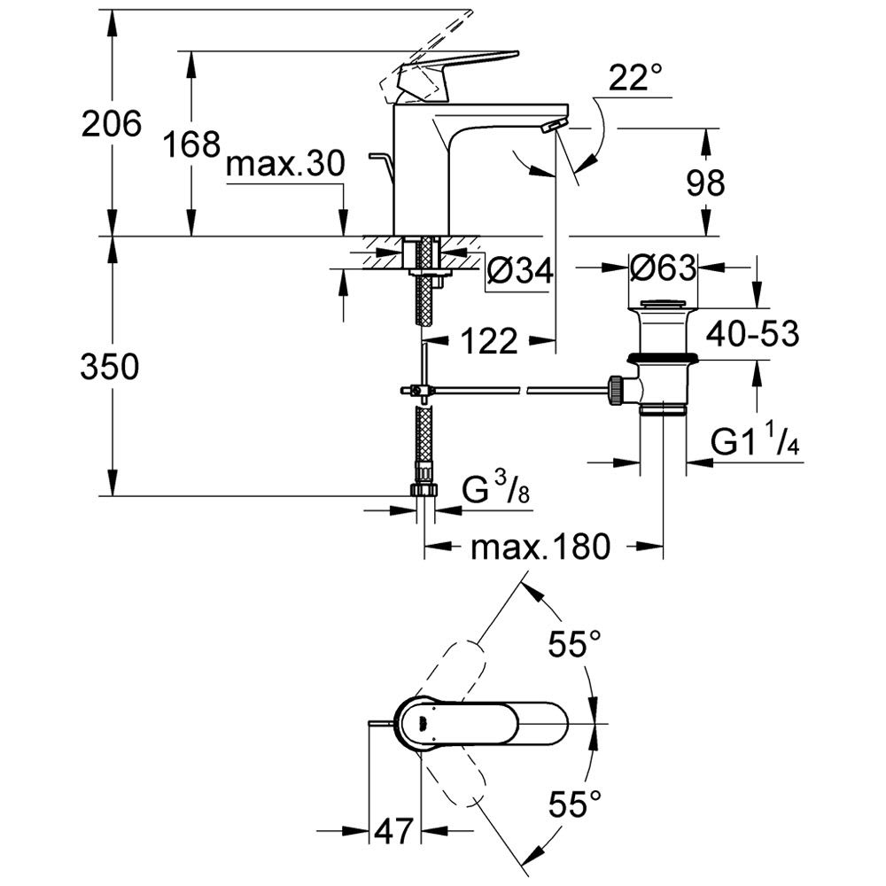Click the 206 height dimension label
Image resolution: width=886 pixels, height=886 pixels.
point(112,124)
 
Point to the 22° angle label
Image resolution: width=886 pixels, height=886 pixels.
point(636,81)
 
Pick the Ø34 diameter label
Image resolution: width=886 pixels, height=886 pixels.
point(520,271)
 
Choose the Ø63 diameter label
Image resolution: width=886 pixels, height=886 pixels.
point(662,266)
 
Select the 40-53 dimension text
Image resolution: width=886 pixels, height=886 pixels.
point(753,334)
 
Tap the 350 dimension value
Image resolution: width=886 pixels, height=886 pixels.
point(110,366)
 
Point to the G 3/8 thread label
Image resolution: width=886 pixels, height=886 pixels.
point(497,488)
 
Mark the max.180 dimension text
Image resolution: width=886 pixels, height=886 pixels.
point(540,548)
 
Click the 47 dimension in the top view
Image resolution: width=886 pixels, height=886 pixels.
point(394,831)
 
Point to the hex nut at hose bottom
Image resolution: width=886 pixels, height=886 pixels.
point(423,491)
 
